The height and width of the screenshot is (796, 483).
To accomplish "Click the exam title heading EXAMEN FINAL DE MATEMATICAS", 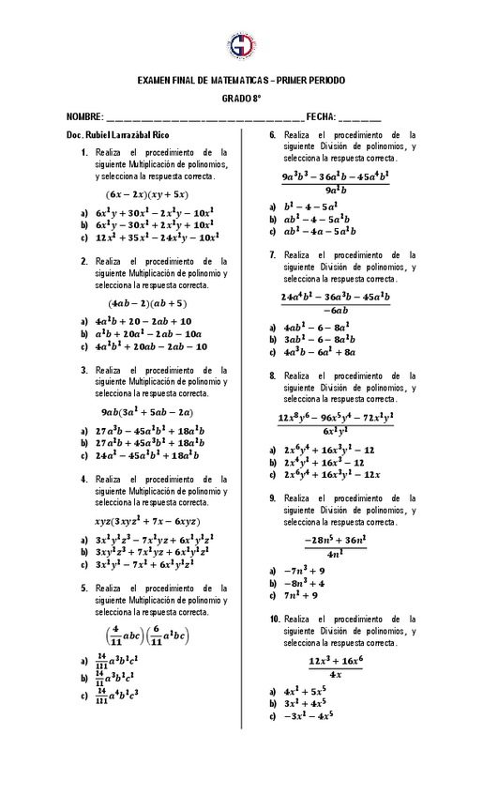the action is click(x=241, y=82).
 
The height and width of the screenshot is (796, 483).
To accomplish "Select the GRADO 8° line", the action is click(x=241, y=98).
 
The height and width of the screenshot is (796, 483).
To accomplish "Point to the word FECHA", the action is click(x=320, y=115).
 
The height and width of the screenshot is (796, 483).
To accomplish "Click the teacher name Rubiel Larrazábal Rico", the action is click(x=117, y=135).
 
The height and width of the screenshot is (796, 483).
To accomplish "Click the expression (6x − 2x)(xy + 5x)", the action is click(x=146, y=194).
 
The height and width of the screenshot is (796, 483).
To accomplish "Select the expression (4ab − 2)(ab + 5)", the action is click(x=147, y=303).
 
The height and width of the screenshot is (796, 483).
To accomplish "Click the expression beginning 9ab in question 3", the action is click(x=147, y=412).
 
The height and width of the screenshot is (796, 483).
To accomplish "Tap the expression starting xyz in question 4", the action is click(x=147, y=521).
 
